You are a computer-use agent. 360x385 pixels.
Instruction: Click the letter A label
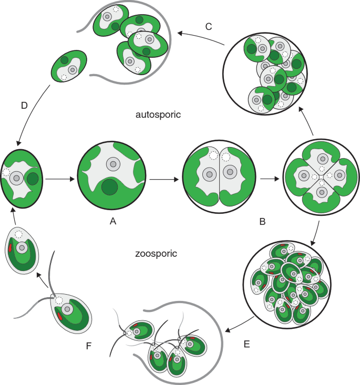point(112,222)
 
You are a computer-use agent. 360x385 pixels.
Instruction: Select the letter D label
point(24,106)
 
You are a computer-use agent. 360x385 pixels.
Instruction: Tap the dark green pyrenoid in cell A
point(109,186)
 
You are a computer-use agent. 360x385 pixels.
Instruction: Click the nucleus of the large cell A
point(113,164)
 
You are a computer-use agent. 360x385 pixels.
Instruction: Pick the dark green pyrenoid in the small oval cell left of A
point(32,179)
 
